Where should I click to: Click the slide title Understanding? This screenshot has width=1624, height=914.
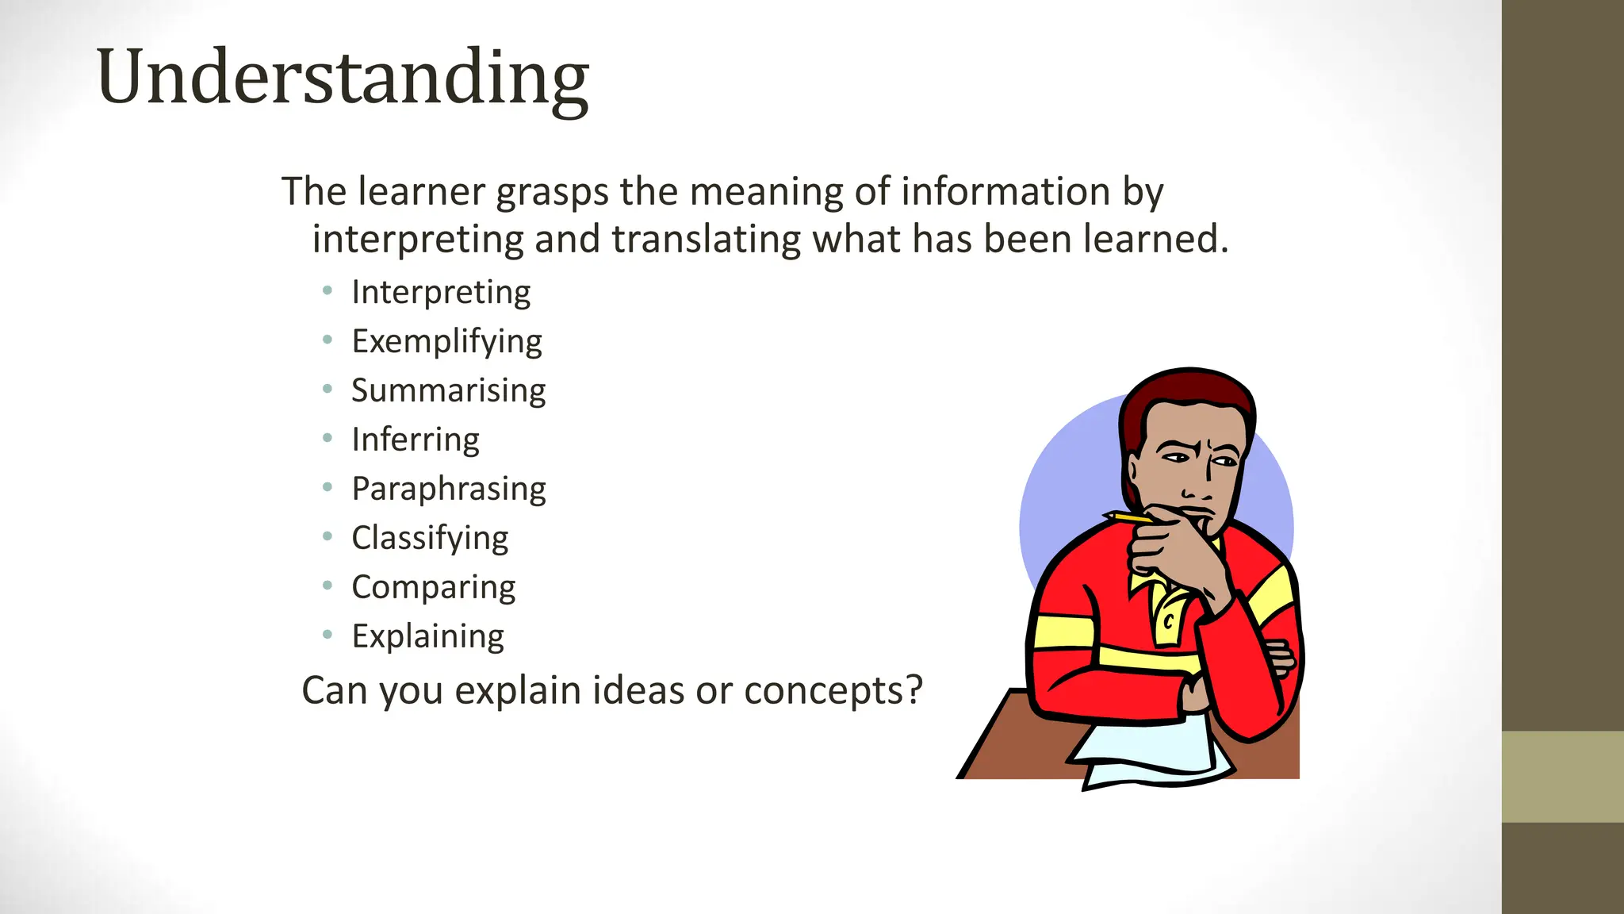[x=343, y=77]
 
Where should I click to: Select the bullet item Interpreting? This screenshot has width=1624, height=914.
[x=441, y=292]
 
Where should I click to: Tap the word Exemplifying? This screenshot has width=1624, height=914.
[x=446, y=341]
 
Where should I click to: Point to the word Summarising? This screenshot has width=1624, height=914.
[x=448, y=390]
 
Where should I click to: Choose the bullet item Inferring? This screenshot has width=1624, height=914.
[x=416, y=440]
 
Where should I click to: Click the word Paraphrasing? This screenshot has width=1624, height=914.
[x=449, y=489]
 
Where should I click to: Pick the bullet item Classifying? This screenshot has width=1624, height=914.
[x=430, y=538]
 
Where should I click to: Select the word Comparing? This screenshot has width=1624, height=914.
[x=434, y=587]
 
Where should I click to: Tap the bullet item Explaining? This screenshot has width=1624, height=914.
[x=427, y=636]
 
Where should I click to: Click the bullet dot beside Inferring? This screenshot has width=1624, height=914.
[x=327, y=438]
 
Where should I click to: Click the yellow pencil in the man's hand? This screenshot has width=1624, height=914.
[x=1128, y=517]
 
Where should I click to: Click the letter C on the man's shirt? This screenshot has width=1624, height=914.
[x=1168, y=622]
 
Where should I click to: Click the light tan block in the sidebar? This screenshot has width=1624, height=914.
[x=1562, y=776]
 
